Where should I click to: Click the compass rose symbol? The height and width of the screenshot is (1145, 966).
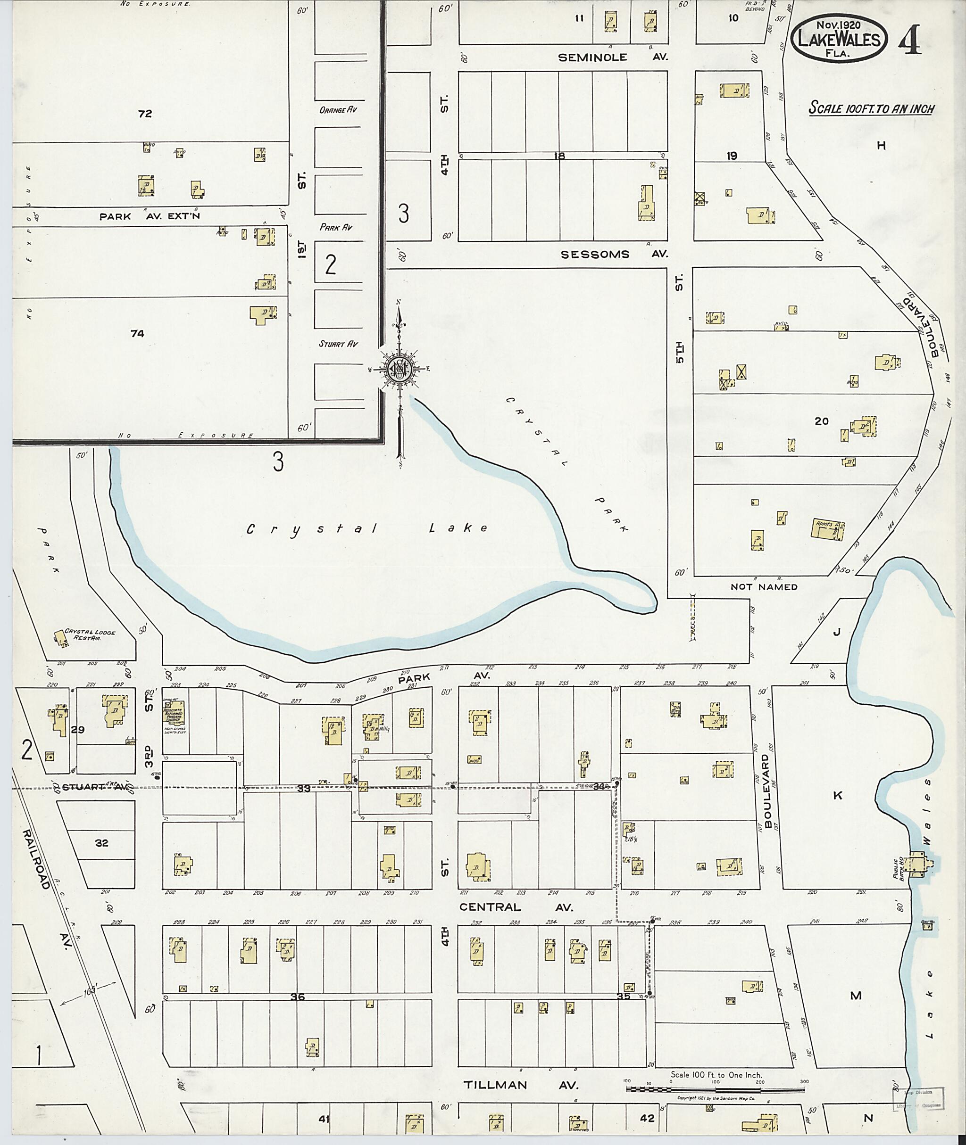400,370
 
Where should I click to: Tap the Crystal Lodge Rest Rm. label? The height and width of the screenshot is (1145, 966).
90,635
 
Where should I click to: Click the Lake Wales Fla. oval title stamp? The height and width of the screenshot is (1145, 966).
839,36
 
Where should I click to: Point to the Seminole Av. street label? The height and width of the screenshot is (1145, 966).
612,57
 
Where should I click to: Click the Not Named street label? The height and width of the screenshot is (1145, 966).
764,587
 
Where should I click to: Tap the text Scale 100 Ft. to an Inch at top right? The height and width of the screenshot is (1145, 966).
871,108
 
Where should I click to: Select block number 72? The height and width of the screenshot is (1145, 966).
145,114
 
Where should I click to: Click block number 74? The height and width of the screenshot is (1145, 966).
137,333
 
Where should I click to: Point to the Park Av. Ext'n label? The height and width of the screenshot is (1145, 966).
150,216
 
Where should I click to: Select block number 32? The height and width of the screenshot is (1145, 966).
101,843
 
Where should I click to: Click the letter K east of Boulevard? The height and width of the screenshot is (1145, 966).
837,796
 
